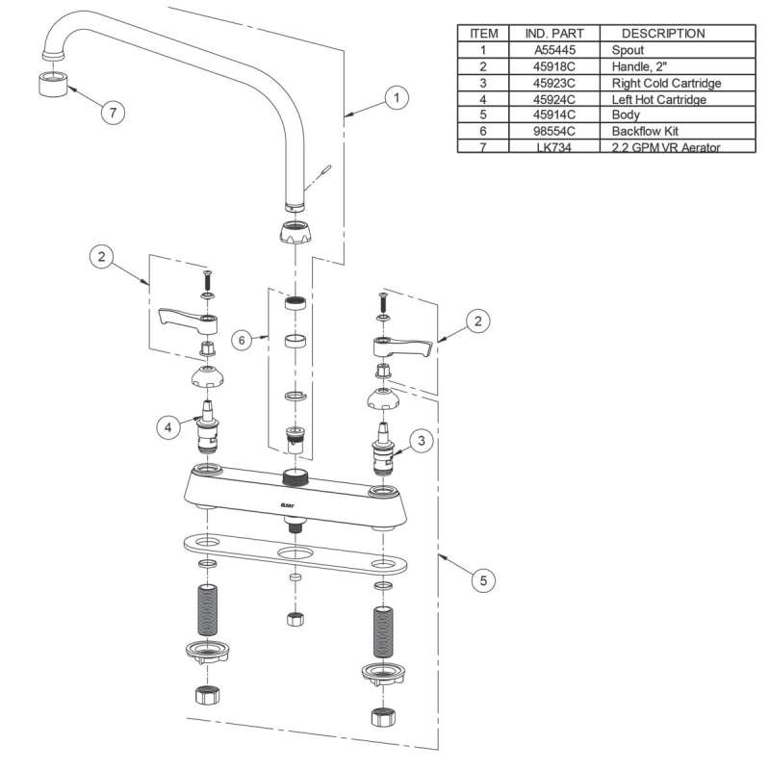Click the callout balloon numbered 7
[114, 113]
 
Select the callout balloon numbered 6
[244, 339]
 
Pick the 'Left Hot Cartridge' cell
[658, 98]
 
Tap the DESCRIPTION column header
[663, 33]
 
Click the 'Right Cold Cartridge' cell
[666, 82]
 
